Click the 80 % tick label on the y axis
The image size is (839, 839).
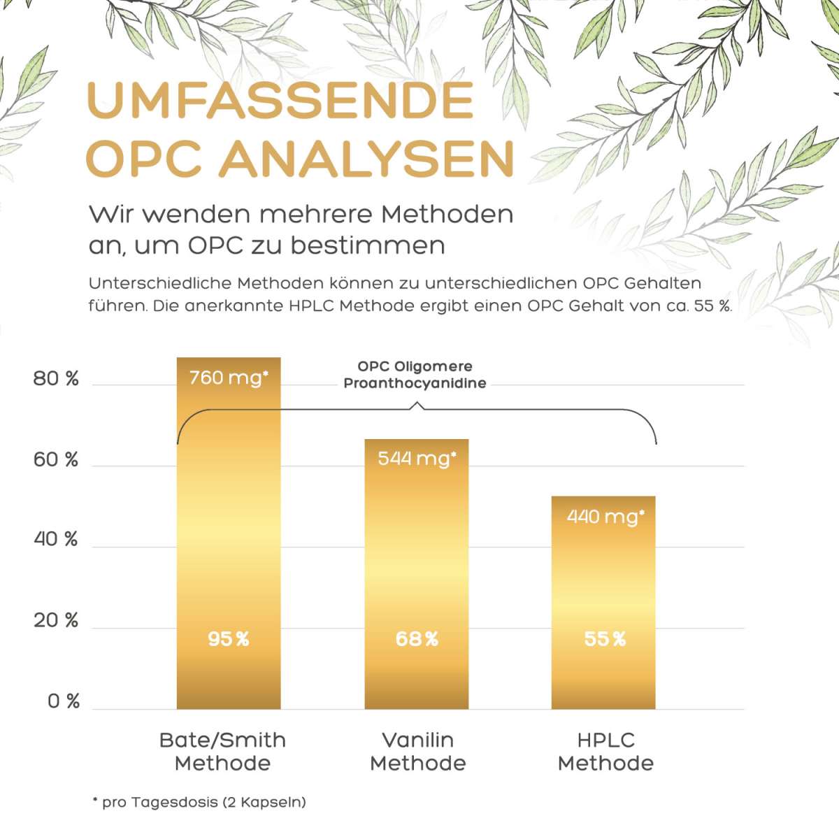(x=56, y=379)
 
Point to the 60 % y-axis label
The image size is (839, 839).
(x=56, y=460)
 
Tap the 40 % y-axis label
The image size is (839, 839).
(x=56, y=540)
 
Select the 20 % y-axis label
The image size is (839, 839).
(x=56, y=621)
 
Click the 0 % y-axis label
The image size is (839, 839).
(x=64, y=701)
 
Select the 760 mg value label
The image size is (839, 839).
(x=229, y=378)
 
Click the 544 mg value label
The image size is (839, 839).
(x=417, y=459)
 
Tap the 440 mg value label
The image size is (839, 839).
(x=605, y=517)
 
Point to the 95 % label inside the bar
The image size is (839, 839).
(x=229, y=639)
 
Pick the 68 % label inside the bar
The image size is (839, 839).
(x=417, y=639)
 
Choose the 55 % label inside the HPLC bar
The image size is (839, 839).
(x=605, y=639)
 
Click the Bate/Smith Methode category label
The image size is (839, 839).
(x=222, y=752)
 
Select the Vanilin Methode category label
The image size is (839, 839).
(x=417, y=752)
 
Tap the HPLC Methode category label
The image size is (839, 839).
(x=605, y=752)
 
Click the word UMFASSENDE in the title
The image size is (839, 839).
(x=280, y=100)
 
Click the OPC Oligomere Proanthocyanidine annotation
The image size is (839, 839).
(x=415, y=375)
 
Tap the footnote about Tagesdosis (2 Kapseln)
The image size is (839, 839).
(x=199, y=802)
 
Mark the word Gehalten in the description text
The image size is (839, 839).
(x=662, y=283)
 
